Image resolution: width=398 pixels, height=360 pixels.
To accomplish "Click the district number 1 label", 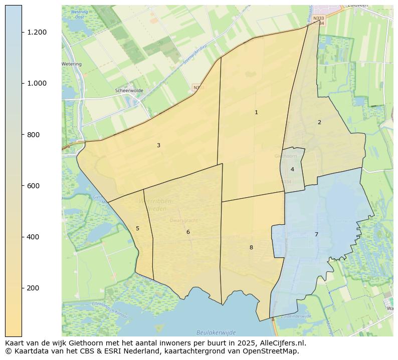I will click(256, 113).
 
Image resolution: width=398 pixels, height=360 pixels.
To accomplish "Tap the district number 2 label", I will click(319, 123).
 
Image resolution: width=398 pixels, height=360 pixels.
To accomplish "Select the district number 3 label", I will click(158, 146).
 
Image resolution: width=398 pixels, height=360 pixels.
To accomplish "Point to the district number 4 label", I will click(292, 170).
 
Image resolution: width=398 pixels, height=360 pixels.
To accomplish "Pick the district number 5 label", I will click(137, 229).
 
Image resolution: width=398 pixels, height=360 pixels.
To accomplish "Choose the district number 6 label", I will click(188, 232).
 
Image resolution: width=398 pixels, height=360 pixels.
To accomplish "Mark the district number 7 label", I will click(316, 235).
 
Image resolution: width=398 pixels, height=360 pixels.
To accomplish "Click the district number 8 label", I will click(251, 248).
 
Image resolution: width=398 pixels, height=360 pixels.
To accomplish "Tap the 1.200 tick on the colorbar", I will click(37, 33).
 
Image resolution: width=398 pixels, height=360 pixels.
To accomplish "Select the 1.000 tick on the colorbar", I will click(37, 84).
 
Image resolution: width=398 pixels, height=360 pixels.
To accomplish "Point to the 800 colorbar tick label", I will click(34, 135).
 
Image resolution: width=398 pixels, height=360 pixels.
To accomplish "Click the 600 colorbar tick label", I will click(34, 186).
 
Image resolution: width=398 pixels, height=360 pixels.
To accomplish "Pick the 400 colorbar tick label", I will click(34, 237).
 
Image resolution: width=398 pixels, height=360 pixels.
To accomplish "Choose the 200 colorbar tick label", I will click(34, 288).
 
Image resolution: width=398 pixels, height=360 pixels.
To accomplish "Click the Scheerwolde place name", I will click(129, 91).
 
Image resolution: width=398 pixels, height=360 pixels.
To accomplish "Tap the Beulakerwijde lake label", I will click(216, 332).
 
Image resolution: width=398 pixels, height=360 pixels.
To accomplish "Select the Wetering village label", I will click(72, 64).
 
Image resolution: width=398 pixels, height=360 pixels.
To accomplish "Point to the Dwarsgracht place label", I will click(183, 220).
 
